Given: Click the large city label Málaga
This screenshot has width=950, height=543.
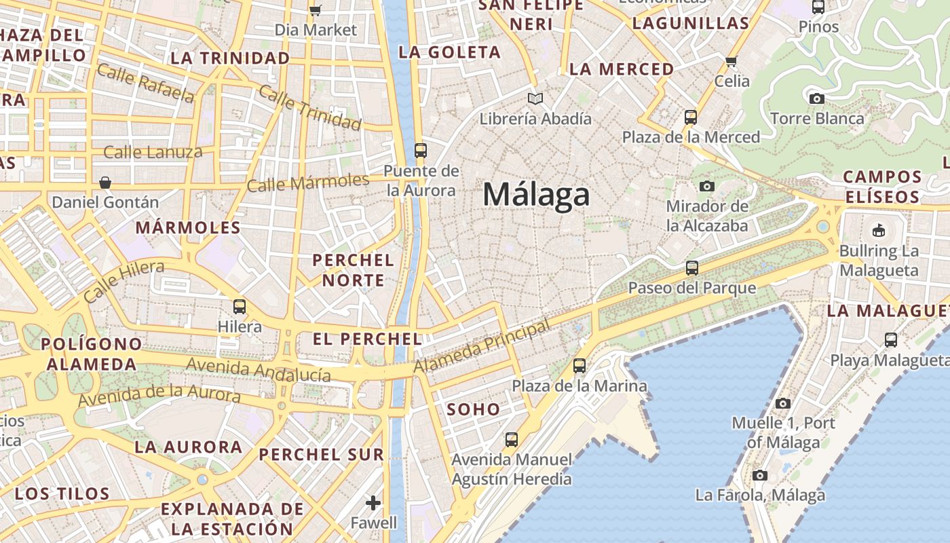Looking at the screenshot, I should tap(536, 195).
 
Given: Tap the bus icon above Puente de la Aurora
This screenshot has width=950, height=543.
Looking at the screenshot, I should tap(421, 151).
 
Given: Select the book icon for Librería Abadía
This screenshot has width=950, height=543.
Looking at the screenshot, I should tap(536, 99).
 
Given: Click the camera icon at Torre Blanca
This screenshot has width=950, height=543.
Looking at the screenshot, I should tap(817, 99).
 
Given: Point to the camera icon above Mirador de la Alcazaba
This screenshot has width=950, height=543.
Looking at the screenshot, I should tap(707, 186).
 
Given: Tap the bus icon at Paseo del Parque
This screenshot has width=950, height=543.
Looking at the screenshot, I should tap(691, 268).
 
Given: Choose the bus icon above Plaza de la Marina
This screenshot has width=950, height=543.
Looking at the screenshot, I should tap(579, 366).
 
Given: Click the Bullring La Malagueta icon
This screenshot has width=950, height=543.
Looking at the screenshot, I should tap(879, 230).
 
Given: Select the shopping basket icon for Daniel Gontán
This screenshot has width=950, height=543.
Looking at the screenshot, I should tap(105, 183).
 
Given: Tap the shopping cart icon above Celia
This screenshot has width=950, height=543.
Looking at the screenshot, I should tap(731, 62).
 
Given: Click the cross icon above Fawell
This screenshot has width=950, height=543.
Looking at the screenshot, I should tap(373, 503).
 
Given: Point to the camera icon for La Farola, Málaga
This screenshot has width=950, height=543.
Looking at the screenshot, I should tap(760, 475).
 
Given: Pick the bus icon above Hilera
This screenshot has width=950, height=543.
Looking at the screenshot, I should tap(239, 307).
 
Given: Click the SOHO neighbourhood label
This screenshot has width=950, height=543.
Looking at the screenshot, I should tap(474, 409).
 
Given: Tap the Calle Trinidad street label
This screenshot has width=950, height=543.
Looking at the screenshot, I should tap(310, 109).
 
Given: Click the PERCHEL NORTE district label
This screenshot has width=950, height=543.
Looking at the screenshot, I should tap(353, 269).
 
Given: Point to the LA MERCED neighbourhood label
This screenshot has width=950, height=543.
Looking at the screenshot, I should tap(622, 69).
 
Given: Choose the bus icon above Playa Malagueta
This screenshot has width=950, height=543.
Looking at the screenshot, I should tap(891, 340).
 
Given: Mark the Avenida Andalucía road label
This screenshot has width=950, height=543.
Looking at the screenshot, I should tap(259, 369).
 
